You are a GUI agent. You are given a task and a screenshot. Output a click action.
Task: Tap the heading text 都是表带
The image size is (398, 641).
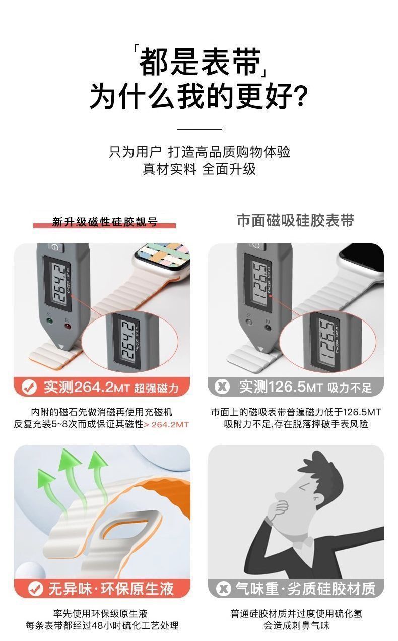click(200, 61)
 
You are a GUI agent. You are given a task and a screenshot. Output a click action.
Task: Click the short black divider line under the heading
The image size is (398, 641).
click(200, 129)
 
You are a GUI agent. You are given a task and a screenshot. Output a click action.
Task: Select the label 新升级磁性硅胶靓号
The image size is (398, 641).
click(105, 222)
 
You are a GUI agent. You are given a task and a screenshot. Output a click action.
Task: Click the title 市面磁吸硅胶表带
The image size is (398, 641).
click(296, 220)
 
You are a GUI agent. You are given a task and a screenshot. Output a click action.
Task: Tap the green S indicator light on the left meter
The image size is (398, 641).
click(50, 321)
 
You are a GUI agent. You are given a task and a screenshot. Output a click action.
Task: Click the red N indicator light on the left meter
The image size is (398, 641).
click(68, 326)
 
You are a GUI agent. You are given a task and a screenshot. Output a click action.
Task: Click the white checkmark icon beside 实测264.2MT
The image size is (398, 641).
click(29, 388)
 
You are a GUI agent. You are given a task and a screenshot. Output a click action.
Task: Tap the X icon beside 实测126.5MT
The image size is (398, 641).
click(222, 387)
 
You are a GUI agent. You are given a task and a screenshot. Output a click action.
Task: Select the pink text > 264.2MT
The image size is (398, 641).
click(166, 424)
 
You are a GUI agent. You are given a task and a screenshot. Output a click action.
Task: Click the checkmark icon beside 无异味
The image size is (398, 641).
click(36, 589)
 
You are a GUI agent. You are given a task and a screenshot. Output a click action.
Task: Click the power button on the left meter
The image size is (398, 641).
click(54, 247)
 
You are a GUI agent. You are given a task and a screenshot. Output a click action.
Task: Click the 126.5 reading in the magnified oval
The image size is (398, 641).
click(327, 342)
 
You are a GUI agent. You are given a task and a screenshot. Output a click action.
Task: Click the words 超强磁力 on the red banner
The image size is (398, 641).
click(156, 388)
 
